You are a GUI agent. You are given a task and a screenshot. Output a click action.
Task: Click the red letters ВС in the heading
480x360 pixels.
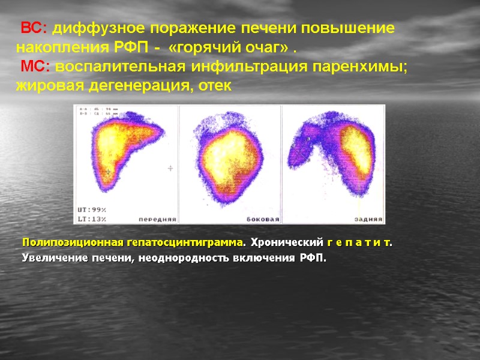(32, 28)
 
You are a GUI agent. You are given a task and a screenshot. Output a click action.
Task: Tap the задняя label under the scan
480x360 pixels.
(367, 219)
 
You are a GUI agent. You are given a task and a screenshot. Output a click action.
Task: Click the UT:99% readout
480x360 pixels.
(91, 209)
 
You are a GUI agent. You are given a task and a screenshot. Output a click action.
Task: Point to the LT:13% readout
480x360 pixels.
(91, 218)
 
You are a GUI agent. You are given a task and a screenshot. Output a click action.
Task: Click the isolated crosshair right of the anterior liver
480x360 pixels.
(170, 169)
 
